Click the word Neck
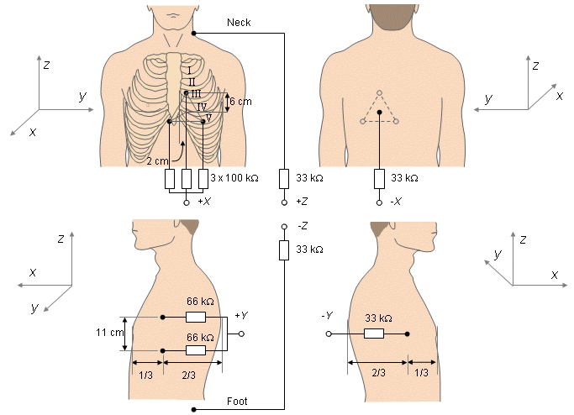[x=239, y=22]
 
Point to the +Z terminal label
[x=303, y=202]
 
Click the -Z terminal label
[x=303, y=227]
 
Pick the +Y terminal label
[x=242, y=315]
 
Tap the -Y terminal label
[x=327, y=315]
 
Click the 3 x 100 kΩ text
[x=234, y=179]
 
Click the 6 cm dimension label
[x=240, y=102]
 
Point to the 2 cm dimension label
[x=156, y=160]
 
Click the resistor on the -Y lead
[x=374, y=334]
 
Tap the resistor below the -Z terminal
[x=285, y=250]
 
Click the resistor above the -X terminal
[x=379, y=179]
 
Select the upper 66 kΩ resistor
[x=195, y=318]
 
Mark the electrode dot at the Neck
[x=193, y=34]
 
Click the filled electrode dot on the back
[x=379, y=112]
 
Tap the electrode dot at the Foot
[x=193, y=409]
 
